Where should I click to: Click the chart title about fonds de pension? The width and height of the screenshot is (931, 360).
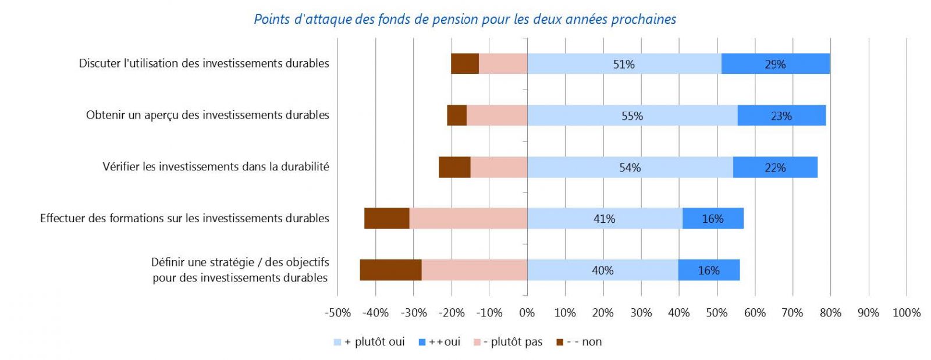click(465, 19)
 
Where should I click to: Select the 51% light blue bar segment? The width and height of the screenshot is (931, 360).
click(624, 64)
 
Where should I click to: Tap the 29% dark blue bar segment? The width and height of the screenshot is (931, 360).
click(775, 64)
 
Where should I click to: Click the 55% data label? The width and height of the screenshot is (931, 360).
click(632, 116)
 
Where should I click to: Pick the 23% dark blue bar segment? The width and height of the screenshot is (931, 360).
click(781, 116)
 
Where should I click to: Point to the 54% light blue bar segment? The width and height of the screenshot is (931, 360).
click(630, 167)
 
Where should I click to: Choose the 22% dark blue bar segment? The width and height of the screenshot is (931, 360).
click(775, 167)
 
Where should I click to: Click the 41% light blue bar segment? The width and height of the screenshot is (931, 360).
click(604, 219)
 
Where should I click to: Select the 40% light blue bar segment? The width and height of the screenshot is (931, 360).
click(602, 270)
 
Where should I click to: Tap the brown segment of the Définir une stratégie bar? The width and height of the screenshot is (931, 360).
click(390, 270)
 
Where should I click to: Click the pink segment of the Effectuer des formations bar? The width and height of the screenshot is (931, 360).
click(468, 219)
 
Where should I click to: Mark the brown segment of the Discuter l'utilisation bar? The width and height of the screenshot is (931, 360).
click(464, 64)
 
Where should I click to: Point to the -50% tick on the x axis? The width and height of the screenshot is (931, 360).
click(337, 313)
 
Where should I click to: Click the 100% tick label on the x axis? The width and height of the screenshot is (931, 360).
click(906, 313)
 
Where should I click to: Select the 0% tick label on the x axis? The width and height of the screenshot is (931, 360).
click(527, 313)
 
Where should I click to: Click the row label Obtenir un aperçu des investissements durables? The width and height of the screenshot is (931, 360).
click(207, 115)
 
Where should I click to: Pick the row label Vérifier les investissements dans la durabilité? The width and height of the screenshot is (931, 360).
click(215, 167)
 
